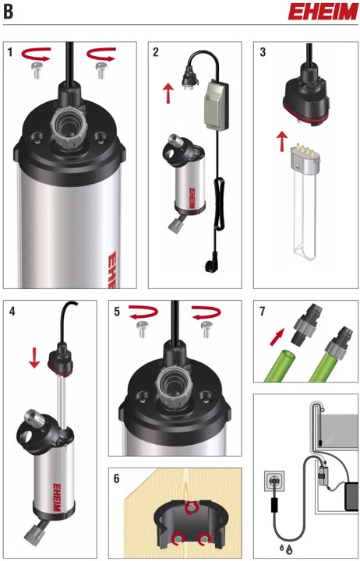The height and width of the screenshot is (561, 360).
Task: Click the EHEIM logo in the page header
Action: (323, 12)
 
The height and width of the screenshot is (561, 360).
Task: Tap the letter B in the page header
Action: (9, 12)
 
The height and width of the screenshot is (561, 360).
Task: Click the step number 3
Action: (263, 52)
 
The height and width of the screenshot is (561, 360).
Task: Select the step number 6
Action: (117, 479)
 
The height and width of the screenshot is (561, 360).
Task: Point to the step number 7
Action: (263, 311)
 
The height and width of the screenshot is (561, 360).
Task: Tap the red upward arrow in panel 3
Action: (283, 141)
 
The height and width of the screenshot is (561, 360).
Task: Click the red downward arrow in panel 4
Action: (34, 358)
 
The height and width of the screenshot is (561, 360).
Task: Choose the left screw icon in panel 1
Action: (35, 70)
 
